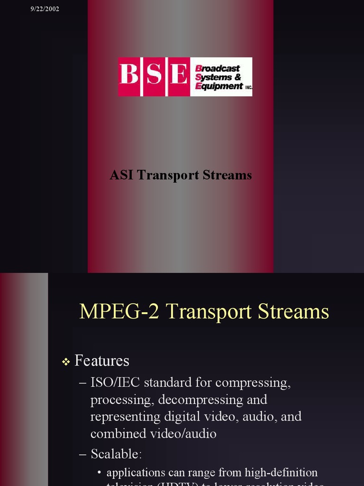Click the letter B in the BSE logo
129,76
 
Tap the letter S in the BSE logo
154,76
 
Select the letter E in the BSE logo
179,76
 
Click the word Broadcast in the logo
218,68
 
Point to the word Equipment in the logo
219,86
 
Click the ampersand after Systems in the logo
237,77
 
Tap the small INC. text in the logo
248,88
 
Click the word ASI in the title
122,175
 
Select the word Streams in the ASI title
227,175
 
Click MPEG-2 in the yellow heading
120,312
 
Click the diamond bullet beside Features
66,362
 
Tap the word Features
102,361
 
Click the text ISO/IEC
115,383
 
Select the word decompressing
201,400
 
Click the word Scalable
115,454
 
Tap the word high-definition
281,473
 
